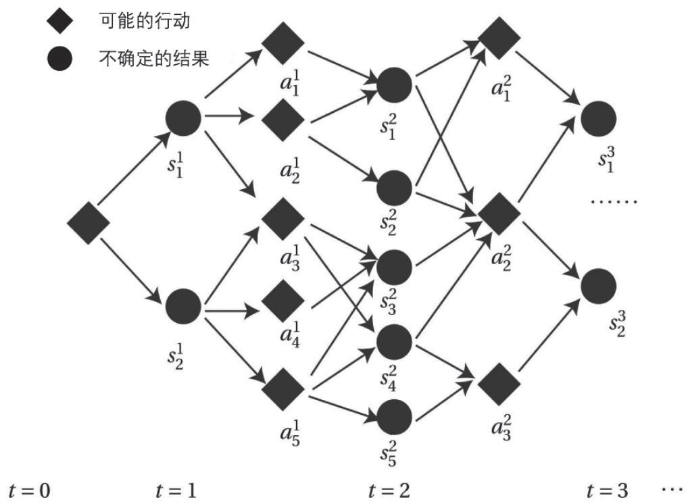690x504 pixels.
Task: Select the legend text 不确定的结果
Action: click(x=154, y=59)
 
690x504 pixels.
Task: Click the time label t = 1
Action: click(x=176, y=489)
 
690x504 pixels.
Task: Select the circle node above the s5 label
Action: click(x=394, y=416)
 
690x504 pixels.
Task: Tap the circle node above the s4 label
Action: click(x=394, y=343)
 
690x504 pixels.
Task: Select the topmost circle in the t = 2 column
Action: click(x=394, y=84)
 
